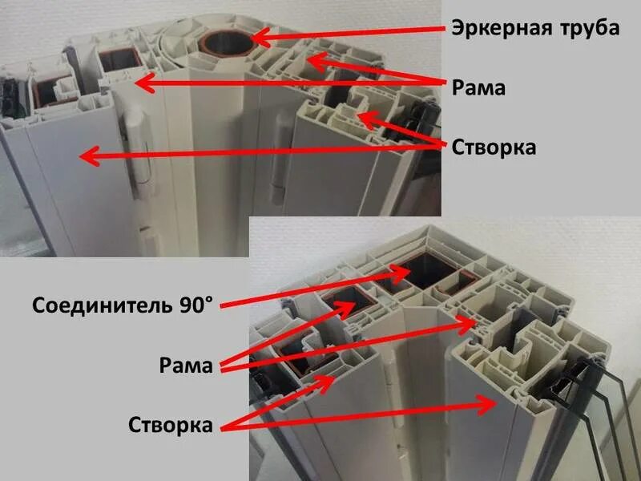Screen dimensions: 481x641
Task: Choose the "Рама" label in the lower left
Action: point(185,367)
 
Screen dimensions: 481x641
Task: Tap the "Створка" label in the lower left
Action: point(171,425)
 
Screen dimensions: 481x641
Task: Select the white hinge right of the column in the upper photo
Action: point(278,160)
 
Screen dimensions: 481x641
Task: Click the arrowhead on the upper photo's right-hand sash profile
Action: point(363,121)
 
